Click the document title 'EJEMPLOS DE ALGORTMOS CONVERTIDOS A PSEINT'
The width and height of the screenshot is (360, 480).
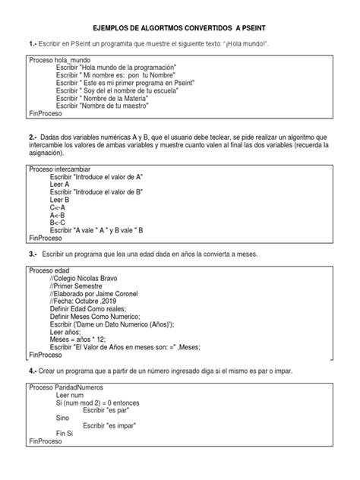(x=180, y=26)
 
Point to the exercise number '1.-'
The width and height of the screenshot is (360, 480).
(x=33, y=44)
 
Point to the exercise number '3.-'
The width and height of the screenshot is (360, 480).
(x=33, y=253)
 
